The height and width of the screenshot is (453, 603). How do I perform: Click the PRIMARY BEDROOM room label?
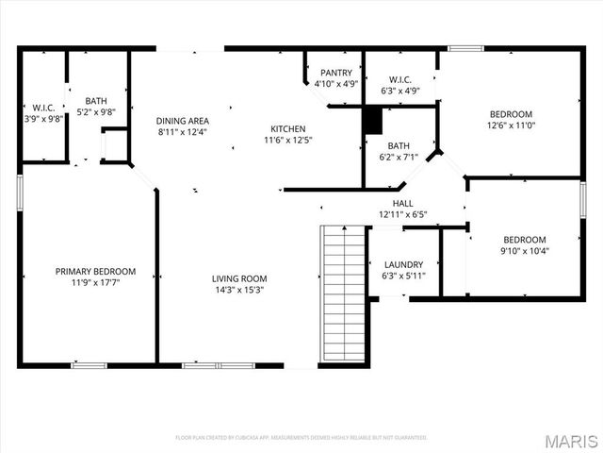click(94, 271)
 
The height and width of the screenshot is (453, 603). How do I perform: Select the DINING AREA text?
click(183, 121)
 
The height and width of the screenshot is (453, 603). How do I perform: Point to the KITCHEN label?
click(287, 128)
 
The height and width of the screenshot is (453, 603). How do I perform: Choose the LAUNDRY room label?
click(403, 264)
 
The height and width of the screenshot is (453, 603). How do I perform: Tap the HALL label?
click(402, 203)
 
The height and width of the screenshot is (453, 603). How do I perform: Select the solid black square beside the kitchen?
click(373, 120)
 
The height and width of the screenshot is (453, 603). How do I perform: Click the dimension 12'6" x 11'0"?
click(510, 125)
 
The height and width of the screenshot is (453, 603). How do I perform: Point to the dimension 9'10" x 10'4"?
click(524, 250)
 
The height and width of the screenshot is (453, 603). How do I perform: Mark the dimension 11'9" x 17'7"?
click(94, 282)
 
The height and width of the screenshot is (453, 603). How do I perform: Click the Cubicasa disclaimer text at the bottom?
click(301, 438)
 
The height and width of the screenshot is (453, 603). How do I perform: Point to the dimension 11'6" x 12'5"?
click(287, 140)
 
